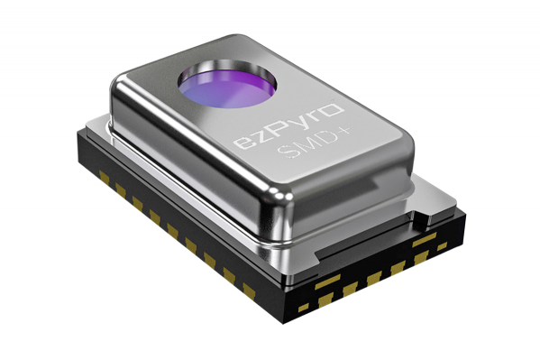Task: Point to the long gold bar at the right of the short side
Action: pos(425,241)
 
